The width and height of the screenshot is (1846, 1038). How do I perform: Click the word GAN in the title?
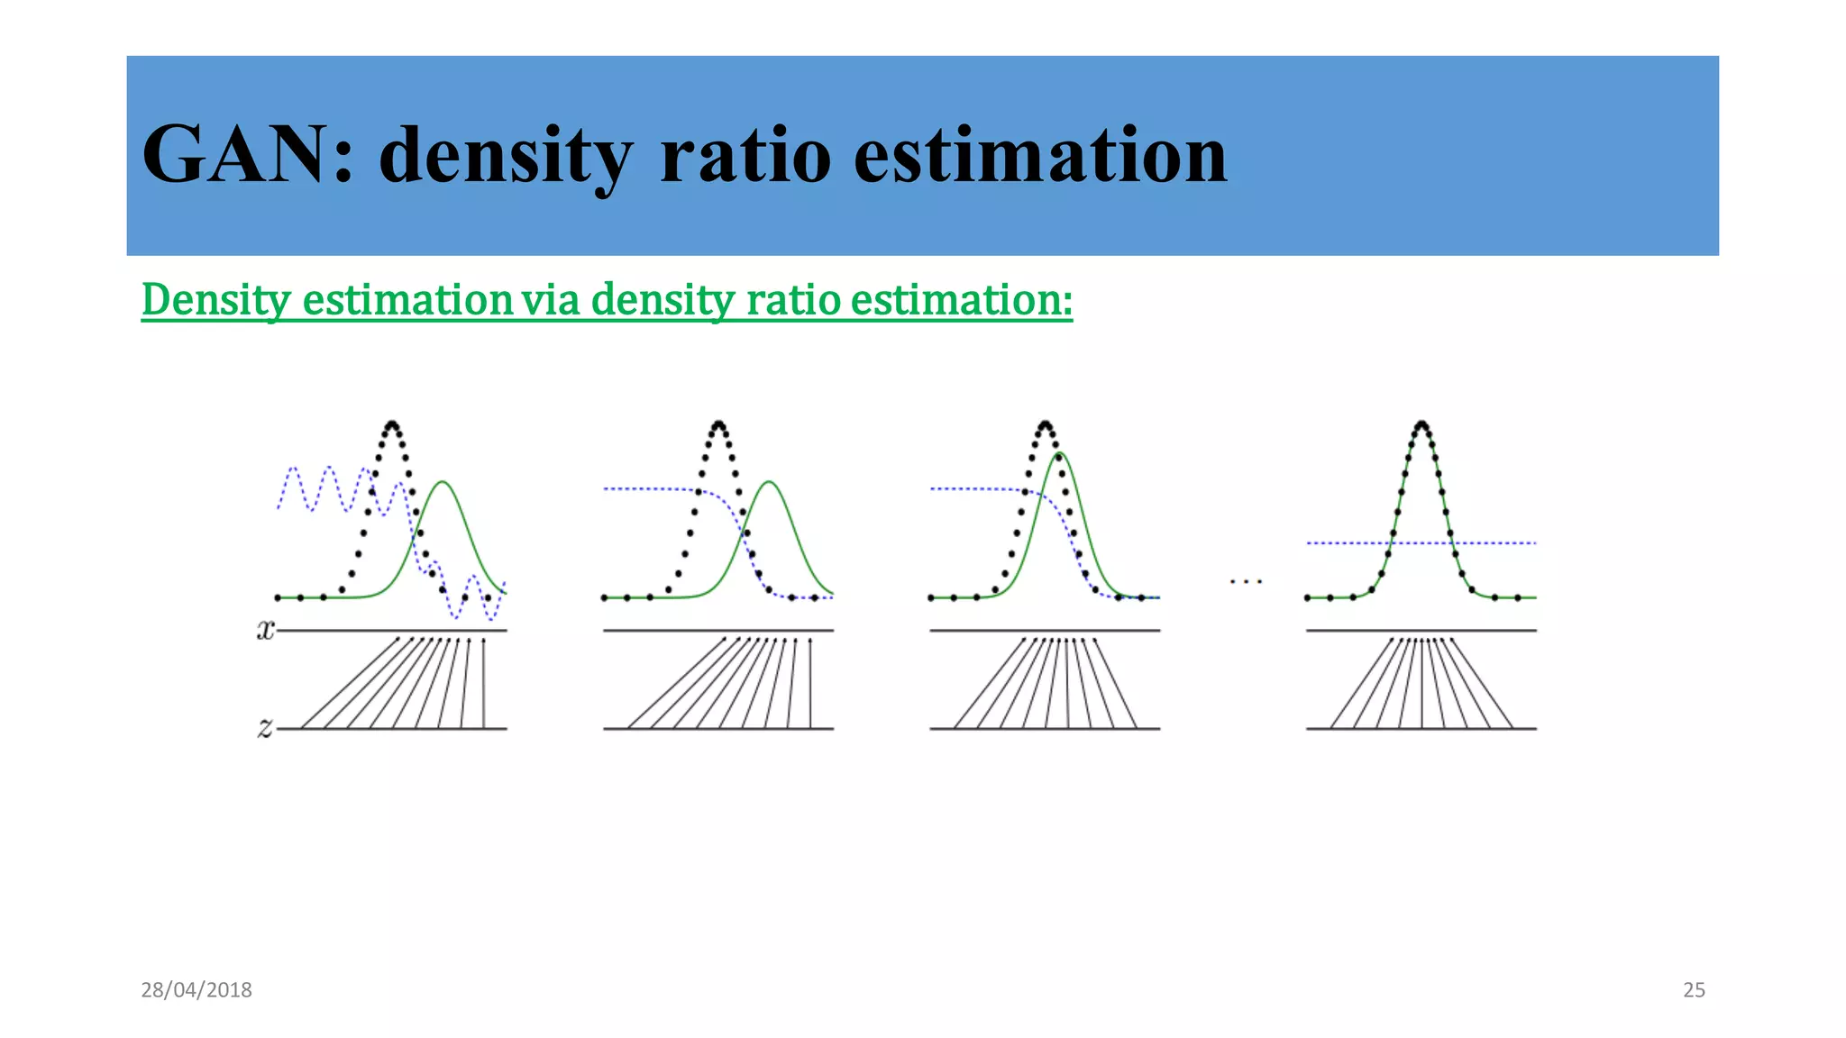point(239,155)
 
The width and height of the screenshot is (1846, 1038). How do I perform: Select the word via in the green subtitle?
point(550,299)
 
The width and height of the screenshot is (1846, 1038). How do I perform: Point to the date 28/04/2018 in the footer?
point(196,989)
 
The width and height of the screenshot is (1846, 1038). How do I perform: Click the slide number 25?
point(1694,989)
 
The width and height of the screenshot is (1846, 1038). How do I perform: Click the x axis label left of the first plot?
point(265,629)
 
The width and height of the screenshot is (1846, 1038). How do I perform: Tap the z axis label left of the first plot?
point(265,726)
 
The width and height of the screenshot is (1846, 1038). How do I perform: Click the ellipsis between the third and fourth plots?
point(1246,582)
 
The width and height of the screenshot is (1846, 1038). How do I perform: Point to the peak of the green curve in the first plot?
point(443,483)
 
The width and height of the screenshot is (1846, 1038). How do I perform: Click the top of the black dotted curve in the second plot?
point(718,423)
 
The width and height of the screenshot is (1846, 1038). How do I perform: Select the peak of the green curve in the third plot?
point(1060,453)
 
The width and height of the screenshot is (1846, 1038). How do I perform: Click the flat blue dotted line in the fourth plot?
point(1496,543)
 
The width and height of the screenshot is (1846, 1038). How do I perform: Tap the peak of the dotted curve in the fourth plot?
point(1421,423)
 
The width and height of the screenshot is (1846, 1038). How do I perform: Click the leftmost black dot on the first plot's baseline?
point(278,597)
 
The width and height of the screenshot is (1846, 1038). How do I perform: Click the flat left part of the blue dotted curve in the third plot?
point(964,489)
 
